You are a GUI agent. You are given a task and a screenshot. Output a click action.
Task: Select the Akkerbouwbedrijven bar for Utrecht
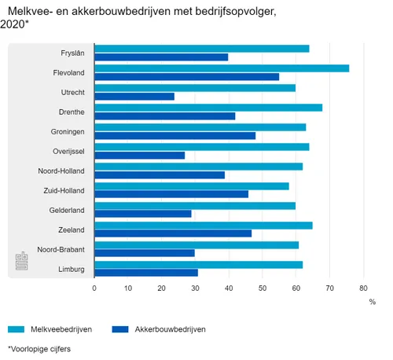[134, 97]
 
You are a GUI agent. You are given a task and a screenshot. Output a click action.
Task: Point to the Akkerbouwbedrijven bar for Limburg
[146, 273]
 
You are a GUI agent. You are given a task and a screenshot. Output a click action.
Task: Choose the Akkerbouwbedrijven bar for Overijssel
[139, 155]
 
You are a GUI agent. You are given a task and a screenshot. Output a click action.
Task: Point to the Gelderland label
[68, 210]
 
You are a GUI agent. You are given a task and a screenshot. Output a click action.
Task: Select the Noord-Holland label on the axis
[62, 171]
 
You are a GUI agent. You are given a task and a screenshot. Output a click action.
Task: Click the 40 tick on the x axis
[229, 288]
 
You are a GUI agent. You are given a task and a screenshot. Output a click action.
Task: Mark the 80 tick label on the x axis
[363, 288]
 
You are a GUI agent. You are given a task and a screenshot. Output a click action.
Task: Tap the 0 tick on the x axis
[94, 288]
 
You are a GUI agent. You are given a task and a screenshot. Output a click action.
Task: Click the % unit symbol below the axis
[373, 302]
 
